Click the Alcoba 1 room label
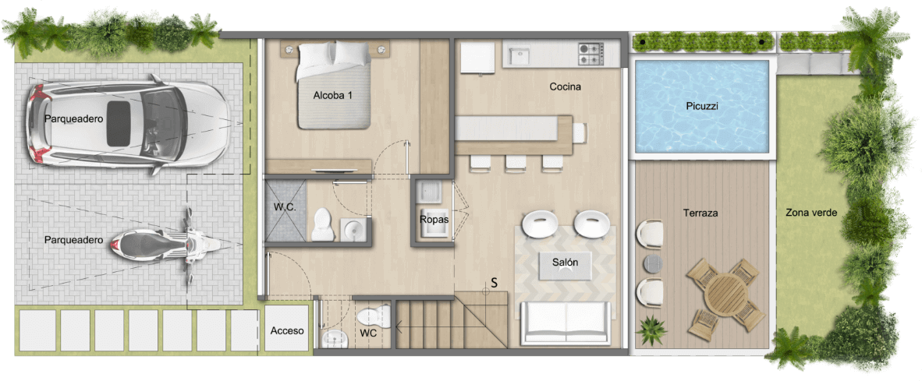333,95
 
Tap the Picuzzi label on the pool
701,106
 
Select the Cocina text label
565,87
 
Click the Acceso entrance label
287,330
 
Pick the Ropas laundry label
434,220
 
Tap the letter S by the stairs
495,282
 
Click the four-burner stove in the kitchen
591,54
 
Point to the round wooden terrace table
725,295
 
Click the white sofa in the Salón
566,323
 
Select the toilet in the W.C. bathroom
323,224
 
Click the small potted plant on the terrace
651,330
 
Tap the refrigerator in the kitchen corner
477,58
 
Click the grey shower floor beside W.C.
285,210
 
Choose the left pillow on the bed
316,55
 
